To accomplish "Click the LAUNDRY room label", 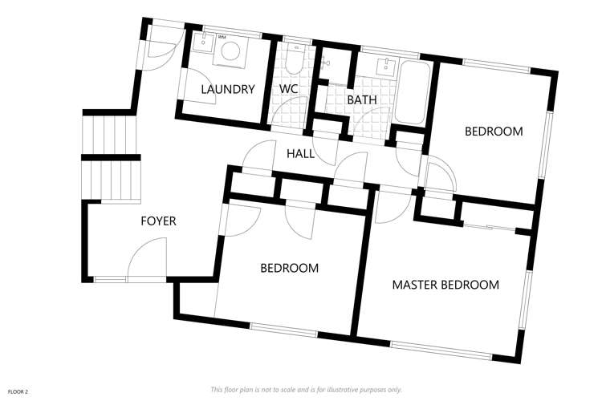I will tap(229, 90).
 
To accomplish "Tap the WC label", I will tap(289, 90).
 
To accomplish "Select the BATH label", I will tap(361, 99).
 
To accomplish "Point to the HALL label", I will tap(301, 153).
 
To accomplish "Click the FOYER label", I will tap(158, 221).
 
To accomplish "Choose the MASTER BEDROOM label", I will tap(445, 285).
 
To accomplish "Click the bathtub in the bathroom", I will tap(411, 92).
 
